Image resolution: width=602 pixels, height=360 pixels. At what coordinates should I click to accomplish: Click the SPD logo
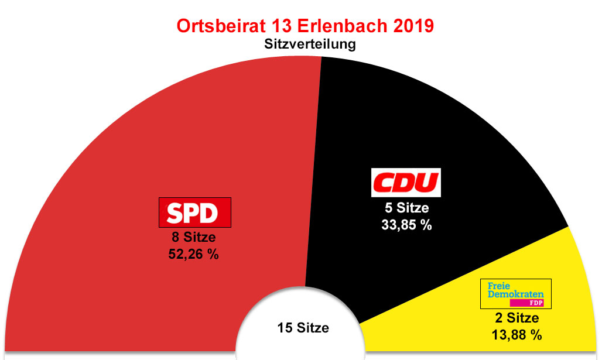196,212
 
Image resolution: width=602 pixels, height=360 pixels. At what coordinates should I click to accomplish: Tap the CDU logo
406,183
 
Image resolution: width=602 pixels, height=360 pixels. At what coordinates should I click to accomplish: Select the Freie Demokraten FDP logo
515,294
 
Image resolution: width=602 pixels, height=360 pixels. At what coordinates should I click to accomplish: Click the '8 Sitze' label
193,238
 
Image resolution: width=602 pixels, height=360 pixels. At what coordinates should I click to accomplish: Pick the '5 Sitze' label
405,208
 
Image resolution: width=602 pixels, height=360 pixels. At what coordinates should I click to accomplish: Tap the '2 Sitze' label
515,318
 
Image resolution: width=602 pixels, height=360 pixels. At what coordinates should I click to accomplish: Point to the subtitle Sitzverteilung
310,44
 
